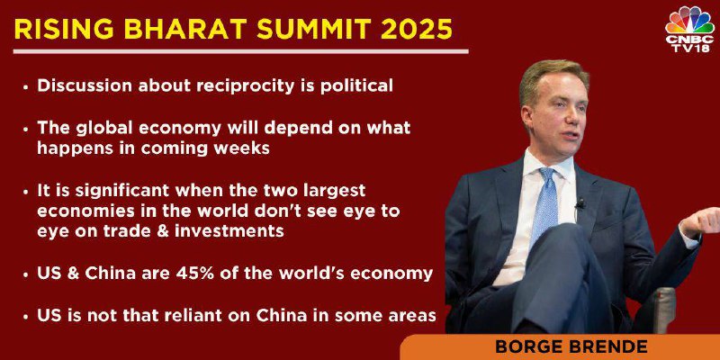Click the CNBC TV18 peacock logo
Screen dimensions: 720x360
[688, 30]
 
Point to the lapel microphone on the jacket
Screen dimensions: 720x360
[580, 203]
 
